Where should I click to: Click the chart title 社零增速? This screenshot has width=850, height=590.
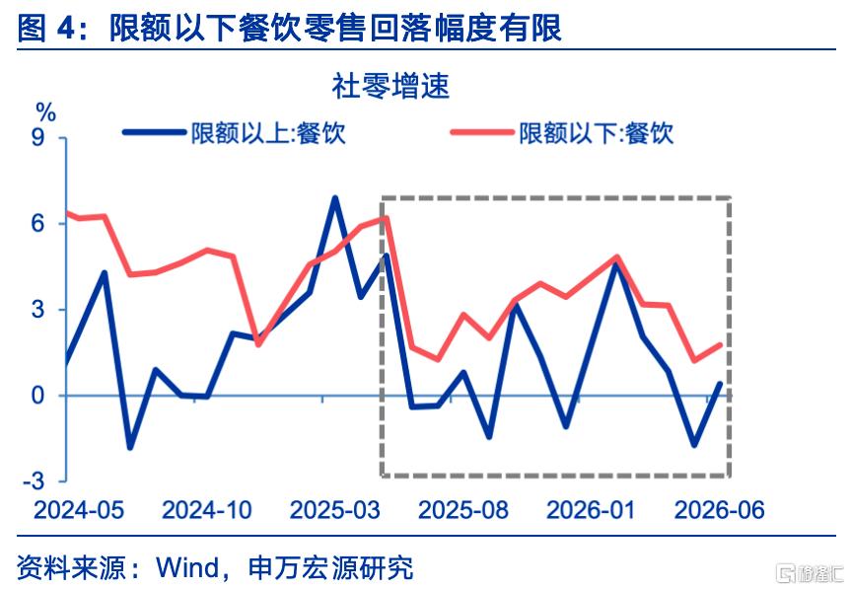click(x=390, y=86)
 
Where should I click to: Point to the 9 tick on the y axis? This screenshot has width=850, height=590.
click(x=37, y=138)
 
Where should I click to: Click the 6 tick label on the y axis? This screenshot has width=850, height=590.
click(x=37, y=223)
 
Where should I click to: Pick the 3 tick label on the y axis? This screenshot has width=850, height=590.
click(x=37, y=310)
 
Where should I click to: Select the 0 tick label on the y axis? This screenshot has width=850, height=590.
click(x=37, y=396)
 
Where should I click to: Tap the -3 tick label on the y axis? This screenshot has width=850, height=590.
click(x=34, y=481)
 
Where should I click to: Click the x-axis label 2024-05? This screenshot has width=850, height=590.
click(x=79, y=510)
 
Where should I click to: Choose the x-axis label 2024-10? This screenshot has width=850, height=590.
click(x=207, y=510)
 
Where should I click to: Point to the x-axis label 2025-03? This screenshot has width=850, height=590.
click(x=335, y=510)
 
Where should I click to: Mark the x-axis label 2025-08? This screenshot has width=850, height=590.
click(x=463, y=510)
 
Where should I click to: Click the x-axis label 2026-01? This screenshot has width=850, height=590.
click(x=591, y=510)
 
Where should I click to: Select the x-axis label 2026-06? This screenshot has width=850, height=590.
click(x=720, y=510)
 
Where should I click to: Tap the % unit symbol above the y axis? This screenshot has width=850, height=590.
click(x=46, y=112)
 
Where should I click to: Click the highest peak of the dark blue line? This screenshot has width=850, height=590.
click(x=335, y=198)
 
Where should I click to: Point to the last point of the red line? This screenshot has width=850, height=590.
click(x=721, y=345)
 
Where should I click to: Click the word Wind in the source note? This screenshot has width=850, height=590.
click(x=187, y=567)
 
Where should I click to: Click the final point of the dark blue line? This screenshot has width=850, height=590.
click(x=721, y=384)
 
